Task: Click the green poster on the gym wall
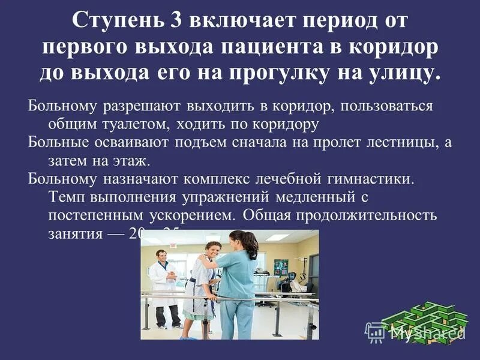[281, 266]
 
